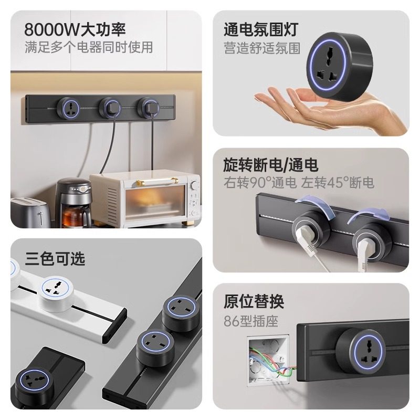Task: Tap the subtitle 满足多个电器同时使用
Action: (89, 47)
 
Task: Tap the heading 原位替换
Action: (254, 302)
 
